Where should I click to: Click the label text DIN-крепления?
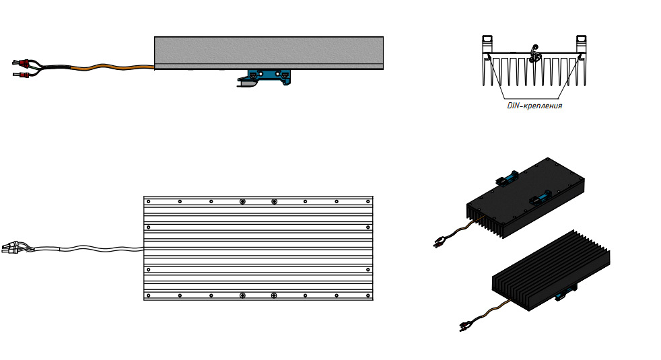534,106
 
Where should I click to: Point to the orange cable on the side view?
112,67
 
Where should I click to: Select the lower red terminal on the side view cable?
24,76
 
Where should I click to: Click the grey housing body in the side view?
269,52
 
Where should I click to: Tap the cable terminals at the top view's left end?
11,248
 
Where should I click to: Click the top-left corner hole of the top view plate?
148,201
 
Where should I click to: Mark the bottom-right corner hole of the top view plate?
368,295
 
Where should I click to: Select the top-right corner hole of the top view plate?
368,201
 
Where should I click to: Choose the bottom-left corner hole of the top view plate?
148,295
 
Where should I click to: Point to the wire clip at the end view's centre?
534,54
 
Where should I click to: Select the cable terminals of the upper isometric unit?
440,242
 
